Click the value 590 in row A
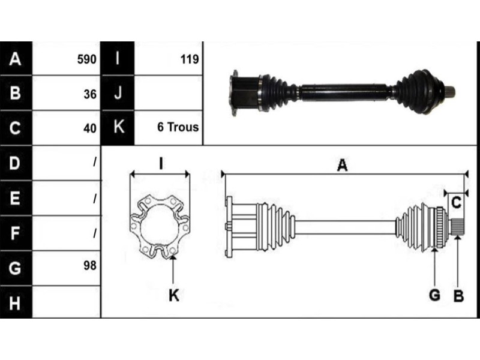(88, 59)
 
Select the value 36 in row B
(90, 93)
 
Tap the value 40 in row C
(90, 127)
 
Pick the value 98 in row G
(90, 265)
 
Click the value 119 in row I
(189, 59)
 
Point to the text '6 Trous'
(178, 127)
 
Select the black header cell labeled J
(118, 93)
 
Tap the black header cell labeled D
(16, 163)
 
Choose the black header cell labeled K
(118, 127)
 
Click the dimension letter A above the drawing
(342, 166)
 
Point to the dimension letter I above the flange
(161, 163)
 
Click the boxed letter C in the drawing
(456, 203)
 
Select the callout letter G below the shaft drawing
(434, 295)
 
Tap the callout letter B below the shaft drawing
(458, 295)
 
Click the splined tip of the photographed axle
(450, 91)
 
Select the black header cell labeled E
(16, 197)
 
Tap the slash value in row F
(94, 232)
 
